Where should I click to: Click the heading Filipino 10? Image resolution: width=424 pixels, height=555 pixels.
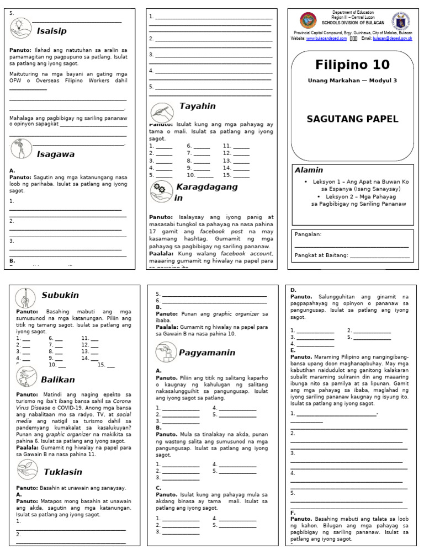(352, 65)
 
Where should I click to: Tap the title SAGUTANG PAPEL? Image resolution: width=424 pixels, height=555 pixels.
(352, 119)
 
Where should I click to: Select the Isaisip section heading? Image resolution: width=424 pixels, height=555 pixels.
(52, 31)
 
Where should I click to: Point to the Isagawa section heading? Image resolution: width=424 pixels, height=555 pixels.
(56, 154)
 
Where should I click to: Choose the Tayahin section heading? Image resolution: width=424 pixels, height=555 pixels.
(197, 106)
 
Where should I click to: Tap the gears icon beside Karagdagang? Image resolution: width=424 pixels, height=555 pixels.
(160, 190)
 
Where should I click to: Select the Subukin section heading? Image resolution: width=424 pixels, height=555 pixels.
(60, 295)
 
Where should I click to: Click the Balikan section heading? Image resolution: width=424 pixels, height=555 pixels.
(57, 380)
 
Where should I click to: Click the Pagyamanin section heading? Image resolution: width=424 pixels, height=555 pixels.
(207, 353)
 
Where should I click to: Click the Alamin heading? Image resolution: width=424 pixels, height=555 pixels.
(309, 170)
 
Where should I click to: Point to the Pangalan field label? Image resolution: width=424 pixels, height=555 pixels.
(308, 234)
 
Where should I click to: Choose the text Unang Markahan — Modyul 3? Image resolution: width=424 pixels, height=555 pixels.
(352, 81)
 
